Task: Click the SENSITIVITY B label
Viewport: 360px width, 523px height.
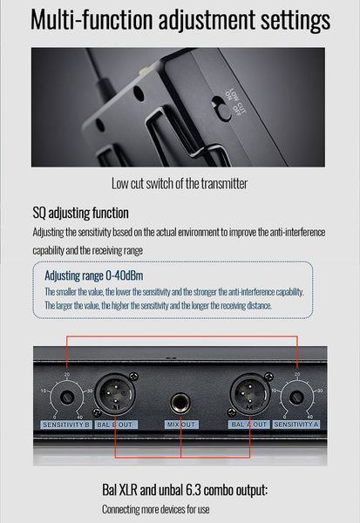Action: click(66, 425)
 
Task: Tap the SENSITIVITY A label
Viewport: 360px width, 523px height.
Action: click(296, 425)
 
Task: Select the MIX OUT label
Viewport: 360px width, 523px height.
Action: click(181, 425)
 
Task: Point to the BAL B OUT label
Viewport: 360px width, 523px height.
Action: click(115, 425)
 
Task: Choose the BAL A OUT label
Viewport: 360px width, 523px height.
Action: click(248, 425)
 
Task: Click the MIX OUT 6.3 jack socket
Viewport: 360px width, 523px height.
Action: click(180, 403)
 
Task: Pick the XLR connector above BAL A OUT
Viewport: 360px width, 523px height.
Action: click(250, 393)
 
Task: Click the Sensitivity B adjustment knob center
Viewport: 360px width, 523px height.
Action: click(67, 397)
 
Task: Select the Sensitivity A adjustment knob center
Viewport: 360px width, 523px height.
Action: click(296, 397)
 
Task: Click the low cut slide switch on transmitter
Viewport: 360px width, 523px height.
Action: click(221, 108)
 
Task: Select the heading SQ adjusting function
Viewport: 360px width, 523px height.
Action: click(80, 213)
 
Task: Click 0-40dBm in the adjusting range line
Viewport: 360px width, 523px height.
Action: click(125, 275)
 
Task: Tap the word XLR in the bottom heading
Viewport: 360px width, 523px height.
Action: click(127, 490)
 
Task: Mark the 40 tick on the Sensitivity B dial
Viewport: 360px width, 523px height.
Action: click(79, 418)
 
